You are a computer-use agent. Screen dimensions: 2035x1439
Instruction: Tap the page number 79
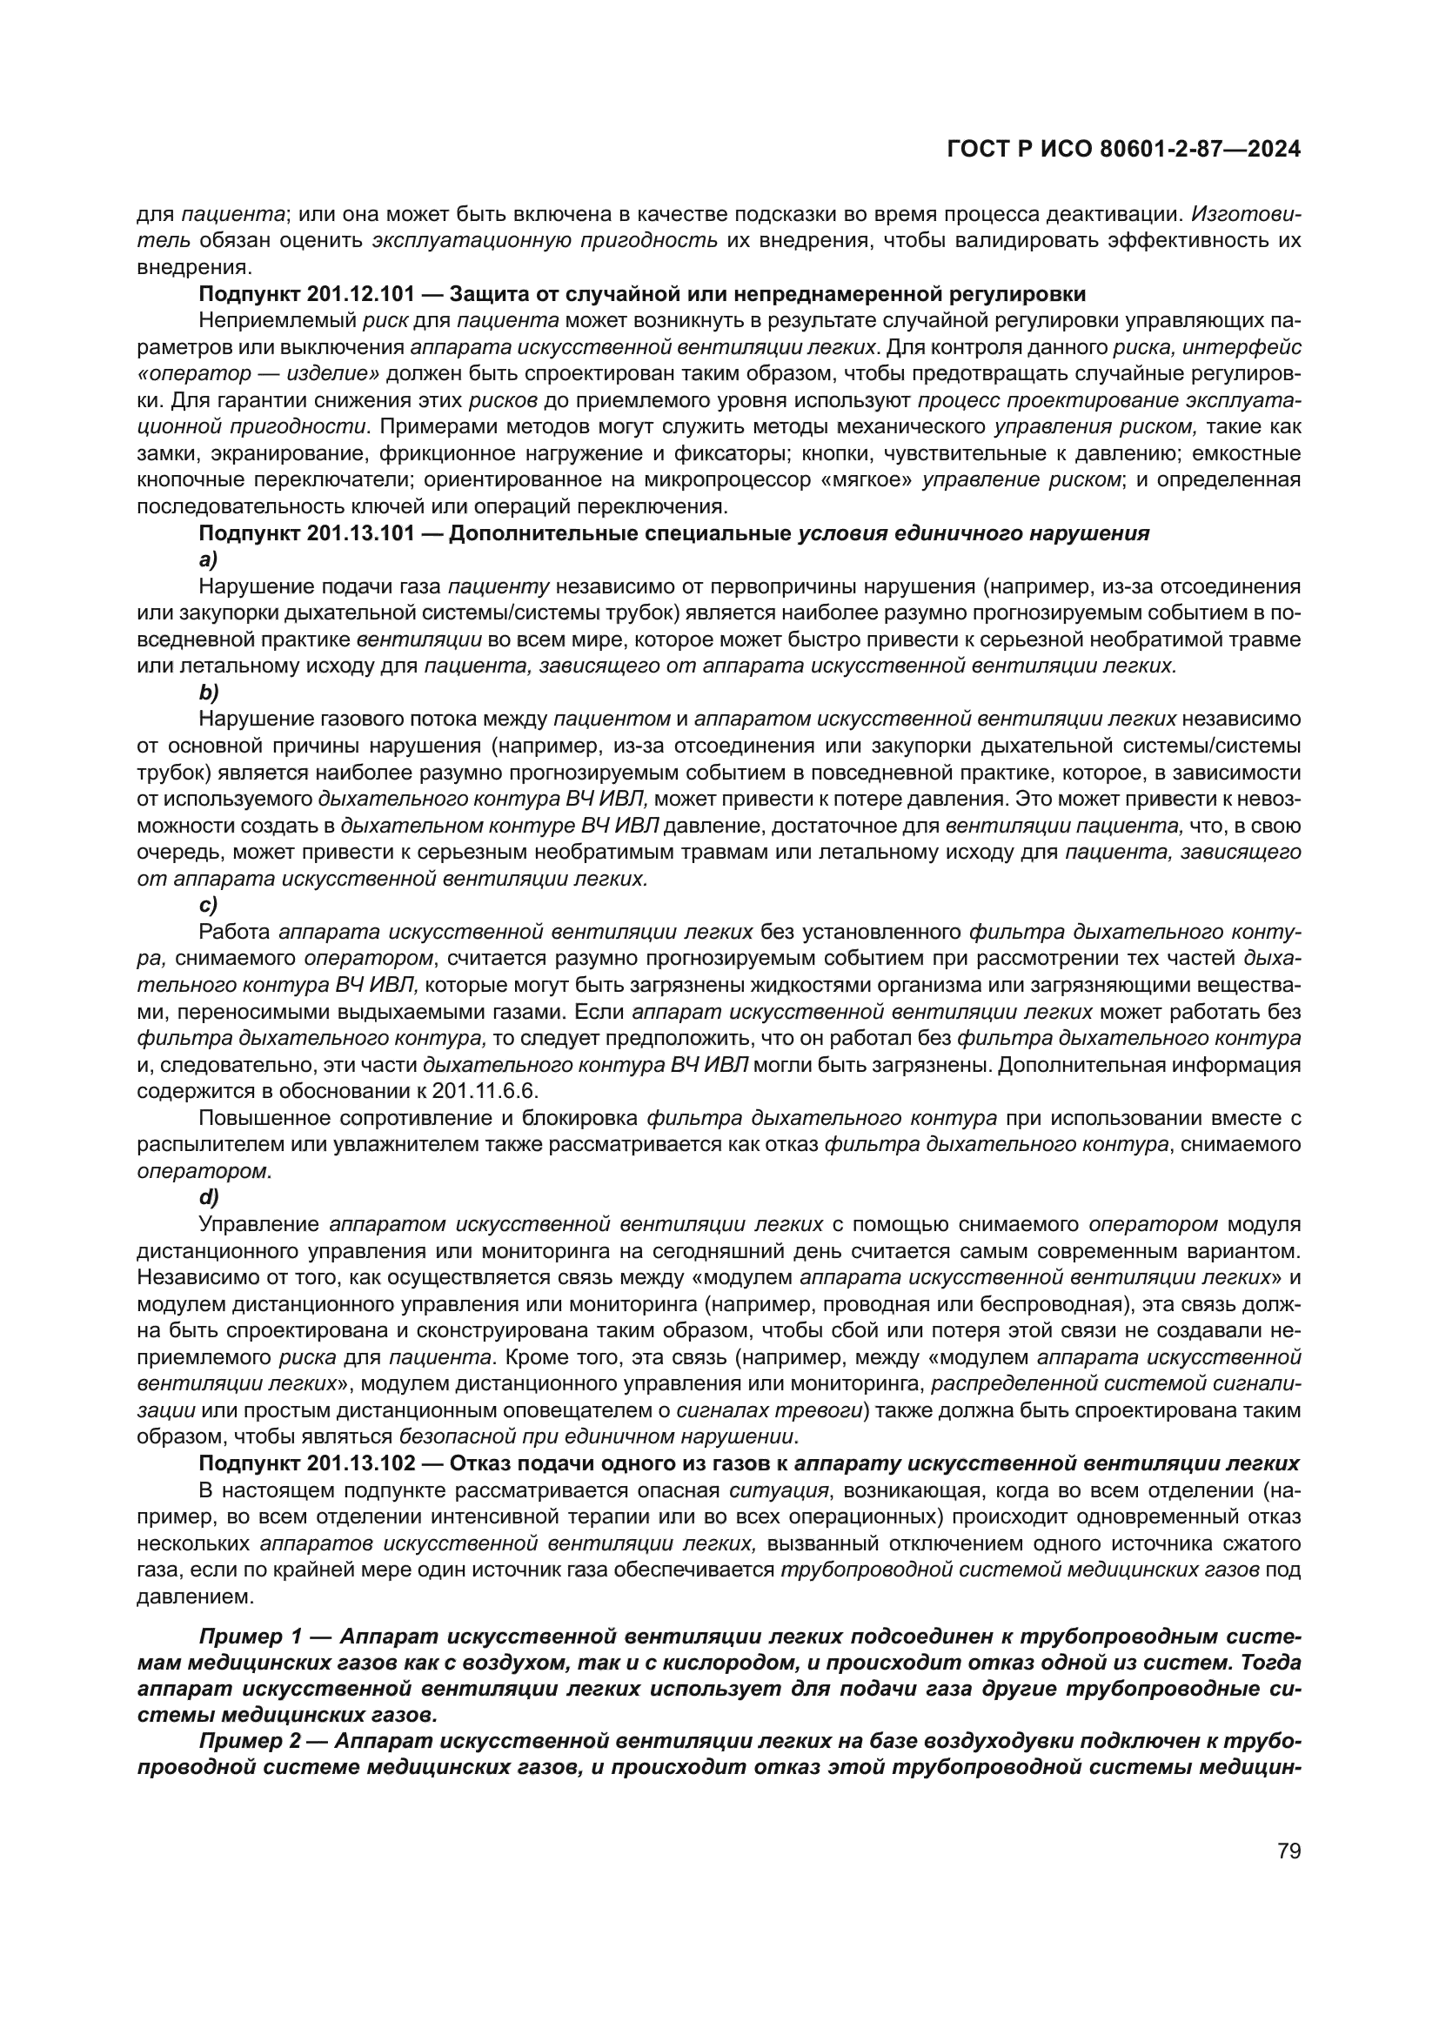(x=1289, y=1850)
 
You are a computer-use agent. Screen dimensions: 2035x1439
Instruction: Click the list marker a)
(x=208, y=559)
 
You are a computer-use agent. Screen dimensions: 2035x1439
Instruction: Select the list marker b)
(x=208, y=693)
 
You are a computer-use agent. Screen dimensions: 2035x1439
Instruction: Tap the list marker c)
(x=208, y=905)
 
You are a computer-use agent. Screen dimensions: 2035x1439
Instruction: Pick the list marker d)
(x=208, y=1197)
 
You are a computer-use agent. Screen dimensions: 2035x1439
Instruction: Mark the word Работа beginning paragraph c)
(x=234, y=932)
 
